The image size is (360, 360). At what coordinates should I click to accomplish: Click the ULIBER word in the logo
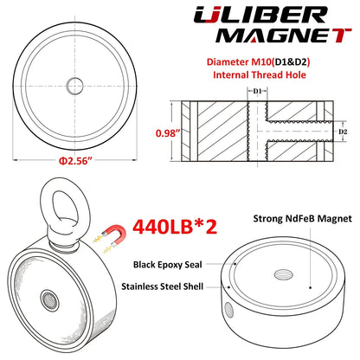[x=260, y=15]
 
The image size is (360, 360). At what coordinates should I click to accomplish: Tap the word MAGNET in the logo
[x=284, y=35]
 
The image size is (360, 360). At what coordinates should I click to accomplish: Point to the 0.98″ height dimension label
[x=168, y=133]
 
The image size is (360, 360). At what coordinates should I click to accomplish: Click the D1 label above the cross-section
[x=257, y=91]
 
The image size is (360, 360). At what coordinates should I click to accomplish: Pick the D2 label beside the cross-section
[x=343, y=132]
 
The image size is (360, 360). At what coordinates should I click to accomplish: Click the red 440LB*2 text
[x=175, y=227]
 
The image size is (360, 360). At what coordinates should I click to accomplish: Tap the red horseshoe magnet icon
[x=115, y=235]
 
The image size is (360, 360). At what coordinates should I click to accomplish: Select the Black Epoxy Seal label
[x=168, y=265]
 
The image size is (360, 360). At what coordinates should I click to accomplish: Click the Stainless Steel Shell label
[x=163, y=286]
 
